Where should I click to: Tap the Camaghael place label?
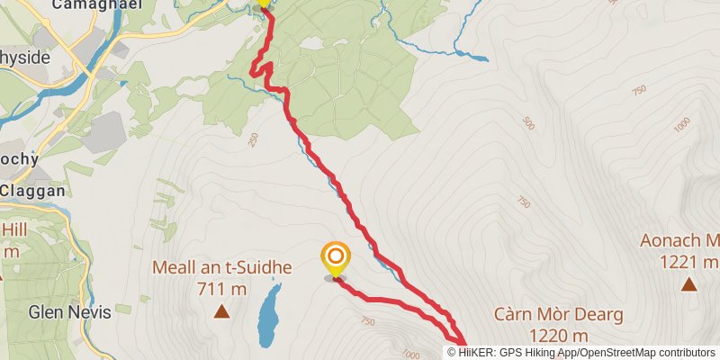point(86,5)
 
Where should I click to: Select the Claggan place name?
point(32,191)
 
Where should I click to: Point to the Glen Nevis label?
point(69,312)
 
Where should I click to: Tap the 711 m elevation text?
point(220,289)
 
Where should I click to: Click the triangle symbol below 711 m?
point(221,312)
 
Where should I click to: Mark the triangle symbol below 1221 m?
point(688,284)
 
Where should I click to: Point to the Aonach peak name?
point(679,241)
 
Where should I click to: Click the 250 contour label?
point(252,139)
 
